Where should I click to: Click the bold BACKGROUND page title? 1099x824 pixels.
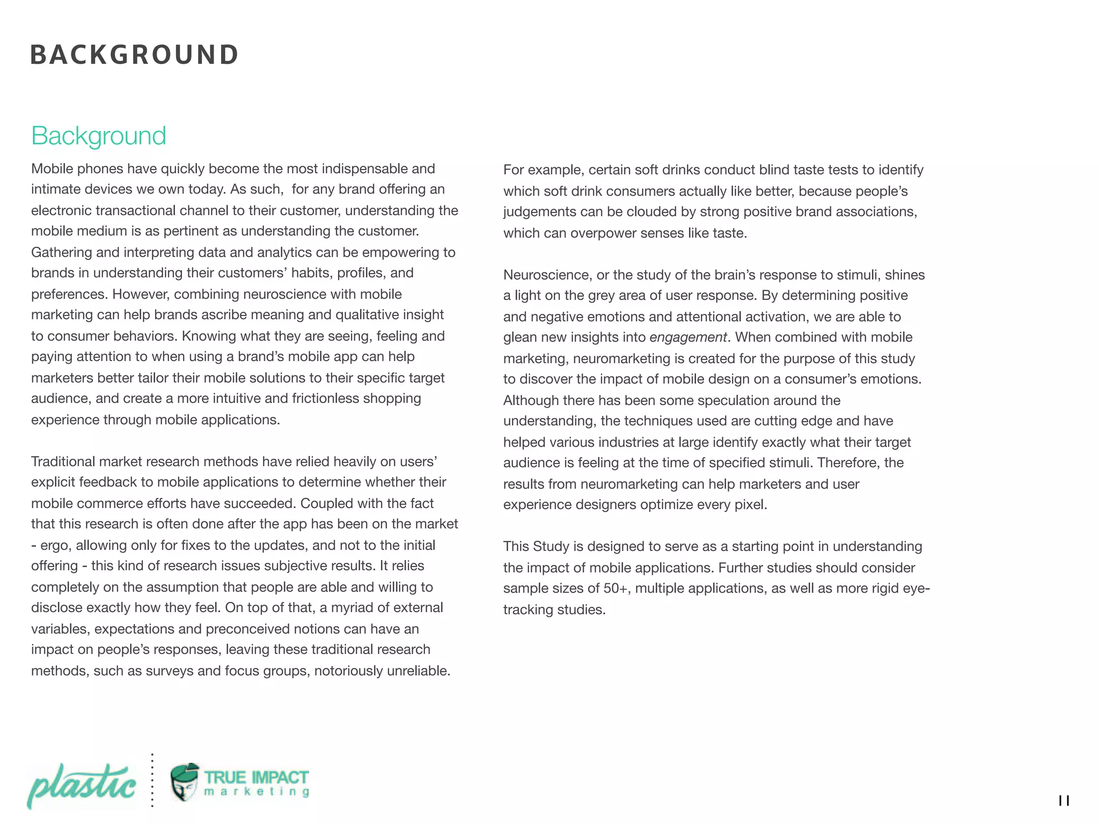[134, 55]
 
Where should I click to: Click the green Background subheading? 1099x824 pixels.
[99, 136]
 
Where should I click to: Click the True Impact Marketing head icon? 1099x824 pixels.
[185, 782]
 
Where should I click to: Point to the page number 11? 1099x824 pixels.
[1064, 801]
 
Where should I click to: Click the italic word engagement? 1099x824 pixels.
[688, 337]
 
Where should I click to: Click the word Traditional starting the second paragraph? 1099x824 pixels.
[63, 462]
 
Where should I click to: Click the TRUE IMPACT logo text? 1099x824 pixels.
[256, 777]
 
